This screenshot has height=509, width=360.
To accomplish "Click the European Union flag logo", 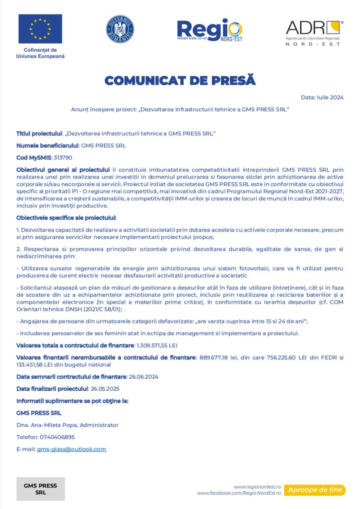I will click(40, 29).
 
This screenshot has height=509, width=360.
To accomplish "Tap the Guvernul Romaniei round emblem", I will click(120, 29).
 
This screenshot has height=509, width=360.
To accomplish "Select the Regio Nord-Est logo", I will click(209, 30).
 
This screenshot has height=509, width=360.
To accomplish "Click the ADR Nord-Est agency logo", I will click(314, 33).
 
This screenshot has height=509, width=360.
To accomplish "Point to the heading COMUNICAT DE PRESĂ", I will click(180, 81).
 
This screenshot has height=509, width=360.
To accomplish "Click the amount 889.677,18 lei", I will click(218, 357).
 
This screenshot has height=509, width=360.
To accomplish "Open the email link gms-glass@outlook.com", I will click(71, 449).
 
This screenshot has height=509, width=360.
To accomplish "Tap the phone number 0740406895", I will click(57, 437).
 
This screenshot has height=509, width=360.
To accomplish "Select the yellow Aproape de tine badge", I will click(315, 490).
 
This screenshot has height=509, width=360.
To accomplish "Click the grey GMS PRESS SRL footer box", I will click(41, 489).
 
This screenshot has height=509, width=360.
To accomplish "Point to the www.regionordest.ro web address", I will click(257, 486).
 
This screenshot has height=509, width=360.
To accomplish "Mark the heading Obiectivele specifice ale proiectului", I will click(66, 217).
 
